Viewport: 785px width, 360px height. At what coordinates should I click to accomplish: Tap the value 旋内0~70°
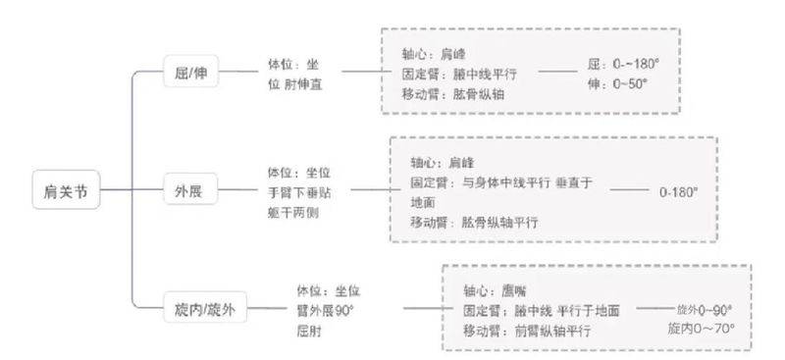(x=701, y=328)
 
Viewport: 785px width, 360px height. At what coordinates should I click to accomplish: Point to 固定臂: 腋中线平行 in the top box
(x=458, y=74)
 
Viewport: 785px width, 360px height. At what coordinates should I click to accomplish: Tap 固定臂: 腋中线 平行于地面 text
(x=541, y=310)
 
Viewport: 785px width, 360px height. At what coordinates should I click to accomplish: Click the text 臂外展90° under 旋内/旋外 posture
(x=325, y=310)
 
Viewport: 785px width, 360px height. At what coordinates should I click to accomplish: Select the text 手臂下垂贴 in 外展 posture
(x=300, y=193)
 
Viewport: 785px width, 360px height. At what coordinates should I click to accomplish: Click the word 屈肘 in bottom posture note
(x=308, y=330)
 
